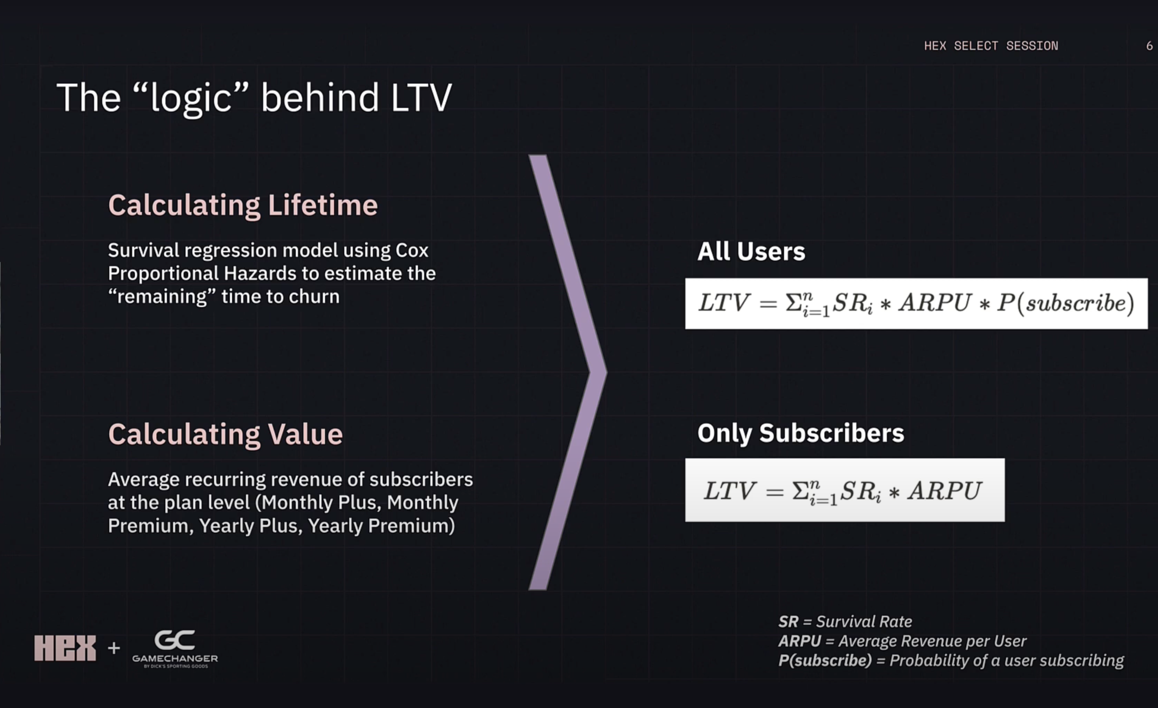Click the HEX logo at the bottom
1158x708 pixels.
(x=65, y=648)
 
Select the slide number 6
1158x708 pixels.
(x=1149, y=46)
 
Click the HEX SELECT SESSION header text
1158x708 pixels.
(x=991, y=46)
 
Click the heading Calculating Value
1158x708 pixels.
(x=225, y=433)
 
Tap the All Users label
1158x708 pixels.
(x=751, y=251)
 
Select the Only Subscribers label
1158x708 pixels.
(x=800, y=433)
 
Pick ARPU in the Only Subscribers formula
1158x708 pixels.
(x=945, y=491)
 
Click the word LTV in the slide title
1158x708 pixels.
(x=421, y=98)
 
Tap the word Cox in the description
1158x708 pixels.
(x=412, y=250)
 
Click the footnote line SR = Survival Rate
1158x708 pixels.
(x=845, y=622)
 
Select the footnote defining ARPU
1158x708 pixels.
(x=902, y=641)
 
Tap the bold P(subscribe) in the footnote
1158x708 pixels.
(x=825, y=660)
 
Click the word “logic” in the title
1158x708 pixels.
(x=191, y=98)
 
